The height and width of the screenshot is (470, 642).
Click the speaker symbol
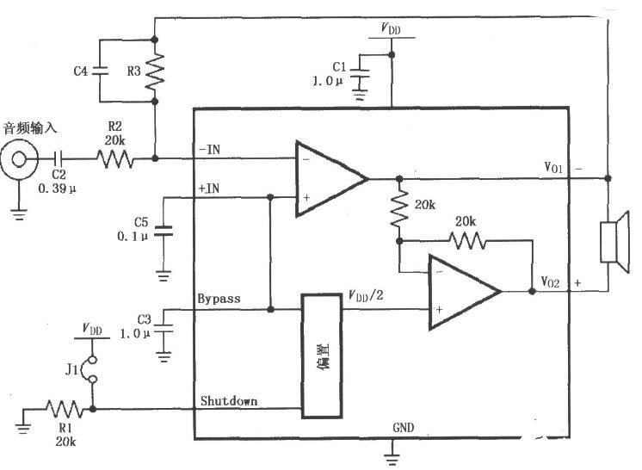point(614,242)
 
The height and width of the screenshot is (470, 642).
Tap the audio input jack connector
point(19,159)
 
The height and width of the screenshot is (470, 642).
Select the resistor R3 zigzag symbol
point(155,71)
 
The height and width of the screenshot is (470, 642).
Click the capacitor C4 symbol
point(100,71)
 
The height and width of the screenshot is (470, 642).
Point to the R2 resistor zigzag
point(114,159)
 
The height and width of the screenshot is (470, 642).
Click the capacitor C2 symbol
point(59,158)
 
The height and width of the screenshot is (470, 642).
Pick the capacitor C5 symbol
point(163,231)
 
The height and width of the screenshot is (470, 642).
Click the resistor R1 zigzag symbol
point(65,409)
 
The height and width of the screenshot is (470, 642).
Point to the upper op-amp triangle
point(330,178)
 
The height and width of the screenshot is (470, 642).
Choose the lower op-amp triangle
point(465,292)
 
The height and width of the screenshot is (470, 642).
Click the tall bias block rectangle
point(322,356)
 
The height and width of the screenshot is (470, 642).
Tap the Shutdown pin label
point(229,401)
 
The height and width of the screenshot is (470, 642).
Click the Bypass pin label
point(219,299)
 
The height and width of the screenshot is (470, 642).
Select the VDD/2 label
point(366,295)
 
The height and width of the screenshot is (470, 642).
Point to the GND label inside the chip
point(404,428)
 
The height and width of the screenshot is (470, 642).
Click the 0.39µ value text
point(58,189)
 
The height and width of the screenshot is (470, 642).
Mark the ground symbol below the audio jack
point(19,214)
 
